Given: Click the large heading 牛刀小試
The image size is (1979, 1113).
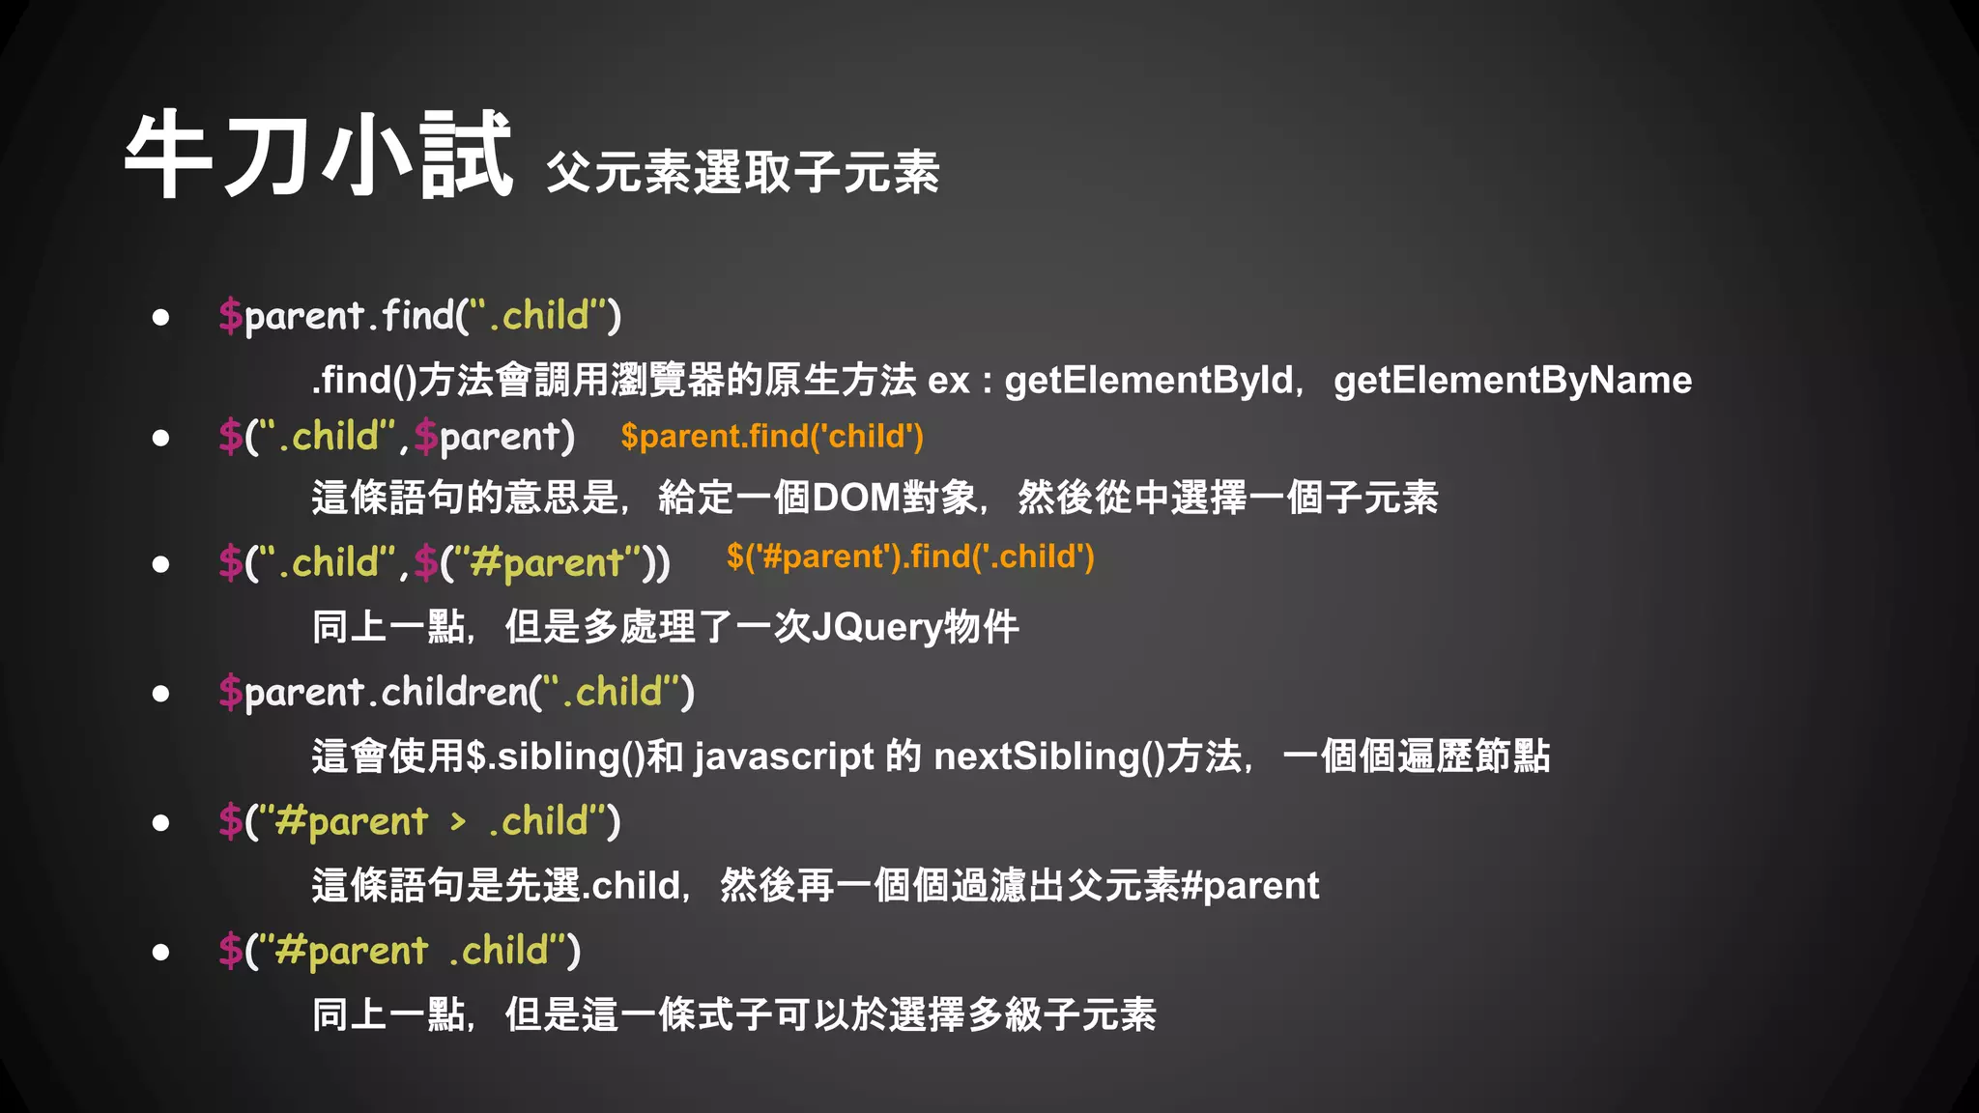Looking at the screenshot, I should click(x=318, y=155).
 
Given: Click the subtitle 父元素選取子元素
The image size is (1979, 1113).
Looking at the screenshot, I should click(x=742, y=173).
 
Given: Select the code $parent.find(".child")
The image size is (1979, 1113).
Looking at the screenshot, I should click(x=419, y=315).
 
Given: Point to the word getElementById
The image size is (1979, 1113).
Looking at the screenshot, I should click(x=1148, y=380).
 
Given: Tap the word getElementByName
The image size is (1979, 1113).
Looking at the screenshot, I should click(x=1512, y=380).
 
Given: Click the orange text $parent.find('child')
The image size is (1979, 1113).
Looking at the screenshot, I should click(x=771, y=437).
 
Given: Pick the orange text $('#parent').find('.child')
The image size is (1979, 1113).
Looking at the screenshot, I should click(x=909, y=556).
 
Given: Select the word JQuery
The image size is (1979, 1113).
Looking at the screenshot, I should click(x=876, y=628).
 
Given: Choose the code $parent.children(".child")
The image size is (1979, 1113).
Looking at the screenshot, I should click(x=456, y=692).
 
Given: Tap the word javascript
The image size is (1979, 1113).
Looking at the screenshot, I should click(x=784, y=756).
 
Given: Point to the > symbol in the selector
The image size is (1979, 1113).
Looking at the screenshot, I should click(x=458, y=821).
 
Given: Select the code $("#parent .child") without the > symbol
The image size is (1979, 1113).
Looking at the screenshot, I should click(x=399, y=951).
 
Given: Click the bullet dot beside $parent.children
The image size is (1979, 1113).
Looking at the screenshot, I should click(x=160, y=693).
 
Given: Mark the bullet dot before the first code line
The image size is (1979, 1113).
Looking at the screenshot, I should click(x=160, y=316).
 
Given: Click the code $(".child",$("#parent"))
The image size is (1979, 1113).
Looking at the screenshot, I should click(x=444, y=562).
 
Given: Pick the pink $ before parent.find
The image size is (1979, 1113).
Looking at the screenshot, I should click(x=230, y=316).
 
